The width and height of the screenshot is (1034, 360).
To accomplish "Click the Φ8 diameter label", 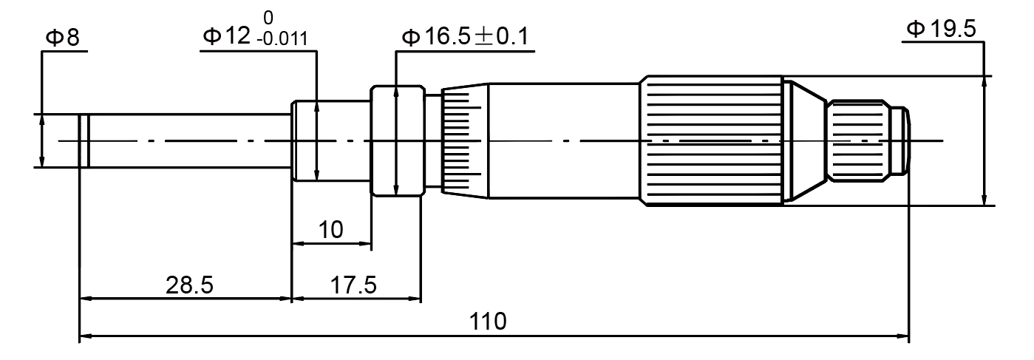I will pos(64,38).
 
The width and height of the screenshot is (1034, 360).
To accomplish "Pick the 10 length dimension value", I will pos(330,230).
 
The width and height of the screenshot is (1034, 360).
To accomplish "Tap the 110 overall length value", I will pos(488,322).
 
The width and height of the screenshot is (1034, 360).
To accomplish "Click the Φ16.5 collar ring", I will pos(397,140).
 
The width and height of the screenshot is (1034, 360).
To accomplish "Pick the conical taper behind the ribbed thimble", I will pos(804,140).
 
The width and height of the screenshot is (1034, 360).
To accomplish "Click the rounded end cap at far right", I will pos(900,140).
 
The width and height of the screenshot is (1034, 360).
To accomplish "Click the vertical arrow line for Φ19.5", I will pos(984,140).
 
